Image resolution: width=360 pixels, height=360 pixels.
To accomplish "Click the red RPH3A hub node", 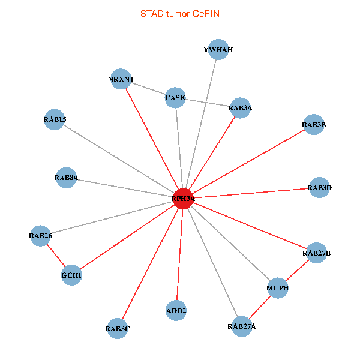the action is (x=182, y=199).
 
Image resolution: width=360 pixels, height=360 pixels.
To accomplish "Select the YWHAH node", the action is (x=217, y=50).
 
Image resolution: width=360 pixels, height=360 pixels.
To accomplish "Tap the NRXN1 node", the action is (x=121, y=79).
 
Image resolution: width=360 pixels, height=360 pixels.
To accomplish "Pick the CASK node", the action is (x=175, y=98).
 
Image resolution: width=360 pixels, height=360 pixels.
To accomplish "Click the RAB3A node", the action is (x=240, y=108).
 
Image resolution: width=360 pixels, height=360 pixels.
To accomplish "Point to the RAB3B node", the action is (x=314, y=125).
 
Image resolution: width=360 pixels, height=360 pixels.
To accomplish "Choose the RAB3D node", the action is (x=319, y=188).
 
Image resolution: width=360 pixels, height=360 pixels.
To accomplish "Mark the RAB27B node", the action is (x=317, y=253).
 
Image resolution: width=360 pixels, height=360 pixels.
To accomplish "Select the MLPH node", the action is (x=278, y=288).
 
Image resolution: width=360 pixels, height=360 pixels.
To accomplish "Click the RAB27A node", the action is (x=241, y=326).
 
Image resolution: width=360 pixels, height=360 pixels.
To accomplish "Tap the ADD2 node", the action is (x=176, y=311).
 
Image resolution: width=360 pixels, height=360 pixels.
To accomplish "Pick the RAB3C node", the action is (x=118, y=328).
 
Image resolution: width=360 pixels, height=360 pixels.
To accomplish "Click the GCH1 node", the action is (x=71, y=275).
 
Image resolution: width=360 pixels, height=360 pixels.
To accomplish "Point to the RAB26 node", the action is (x=41, y=236).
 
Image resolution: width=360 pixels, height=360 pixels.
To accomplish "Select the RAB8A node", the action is (x=66, y=178).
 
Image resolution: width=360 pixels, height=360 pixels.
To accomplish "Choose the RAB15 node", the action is (x=55, y=119).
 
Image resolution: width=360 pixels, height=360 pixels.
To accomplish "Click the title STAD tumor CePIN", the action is (x=179, y=13).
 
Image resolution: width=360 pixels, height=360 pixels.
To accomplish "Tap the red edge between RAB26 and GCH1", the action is (x=56, y=256).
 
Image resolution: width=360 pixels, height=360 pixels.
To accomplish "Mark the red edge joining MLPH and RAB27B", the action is (x=298, y=271).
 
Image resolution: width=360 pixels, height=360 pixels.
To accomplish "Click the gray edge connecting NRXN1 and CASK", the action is (x=148, y=89).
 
